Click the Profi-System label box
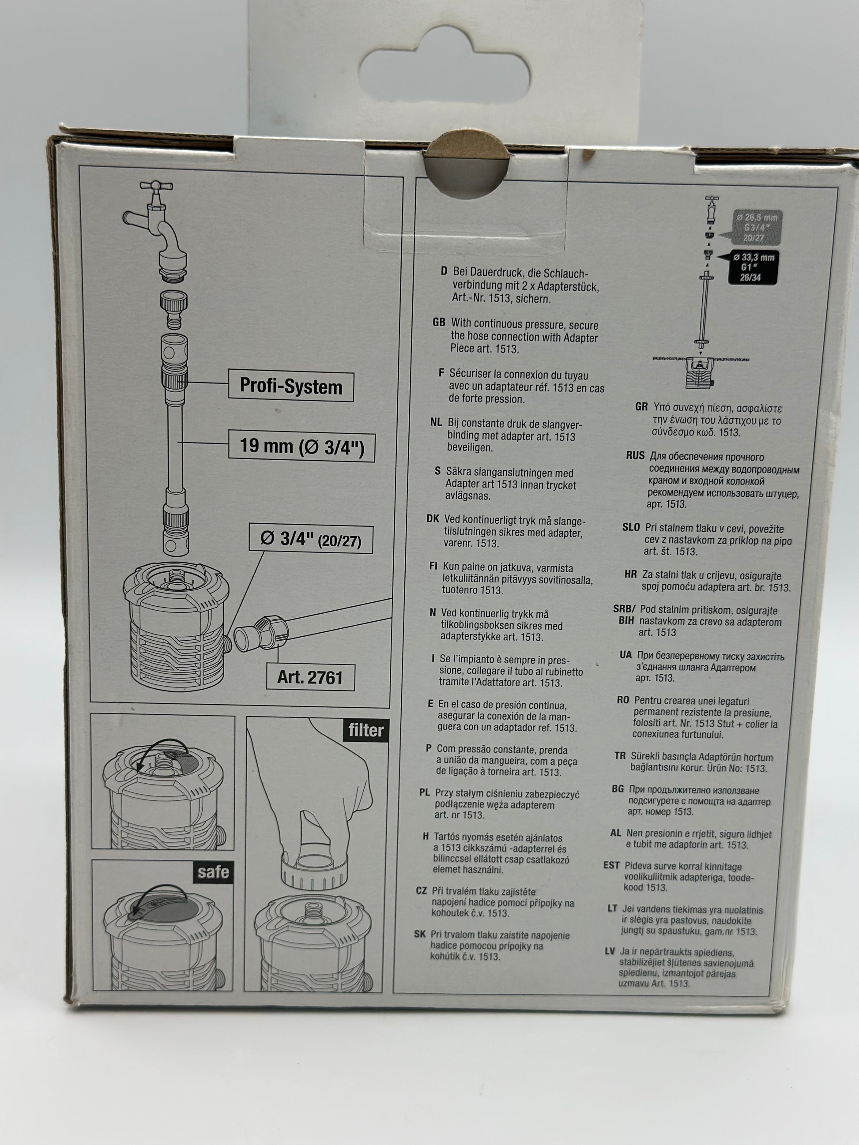point(291,387)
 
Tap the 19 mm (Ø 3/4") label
point(302,446)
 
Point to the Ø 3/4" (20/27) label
point(311,539)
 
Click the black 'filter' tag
point(366,730)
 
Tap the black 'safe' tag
point(213,872)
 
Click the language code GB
point(439,323)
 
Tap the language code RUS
point(635,455)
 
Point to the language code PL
point(425,792)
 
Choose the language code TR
point(620,756)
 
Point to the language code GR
point(641,407)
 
